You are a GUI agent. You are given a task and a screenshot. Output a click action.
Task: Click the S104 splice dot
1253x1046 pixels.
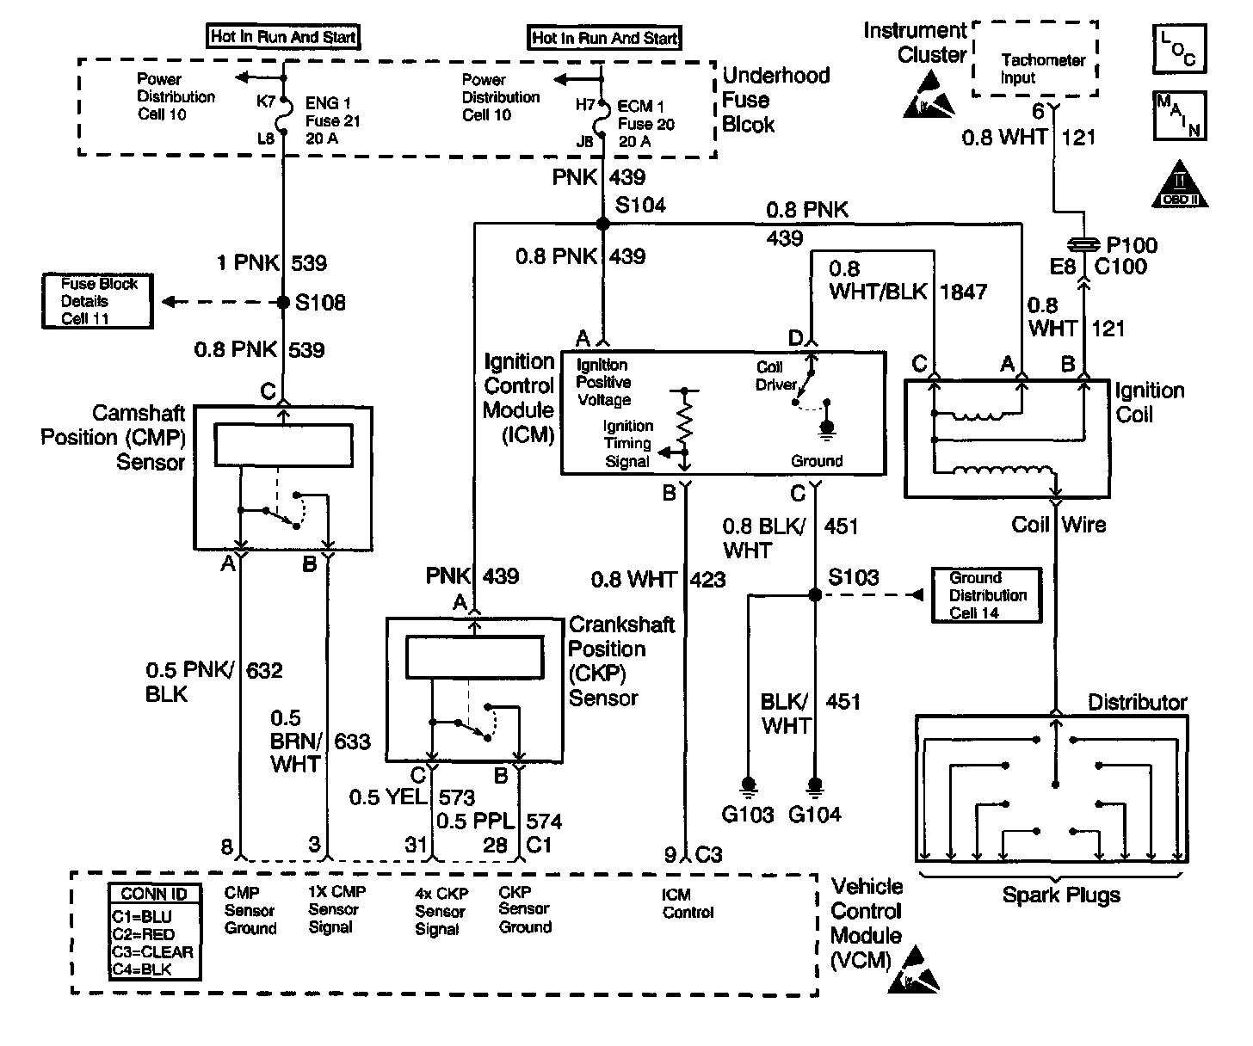click(602, 224)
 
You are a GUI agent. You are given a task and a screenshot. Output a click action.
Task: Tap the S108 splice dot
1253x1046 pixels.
click(283, 303)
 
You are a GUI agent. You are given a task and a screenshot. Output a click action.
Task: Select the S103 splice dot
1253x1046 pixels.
click(814, 594)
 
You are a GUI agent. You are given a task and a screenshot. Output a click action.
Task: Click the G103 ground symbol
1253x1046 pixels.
click(748, 785)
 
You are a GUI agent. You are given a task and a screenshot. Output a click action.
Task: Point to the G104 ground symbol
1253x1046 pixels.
click(814, 785)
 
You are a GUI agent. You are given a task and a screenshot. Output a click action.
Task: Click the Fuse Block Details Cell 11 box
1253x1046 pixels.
click(98, 301)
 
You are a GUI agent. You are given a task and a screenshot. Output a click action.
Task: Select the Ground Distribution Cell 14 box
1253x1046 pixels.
click(986, 595)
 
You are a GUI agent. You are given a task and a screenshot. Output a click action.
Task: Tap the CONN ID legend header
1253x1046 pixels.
click(154, 895)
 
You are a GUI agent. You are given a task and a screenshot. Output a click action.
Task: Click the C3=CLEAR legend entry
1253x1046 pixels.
click(153, 952)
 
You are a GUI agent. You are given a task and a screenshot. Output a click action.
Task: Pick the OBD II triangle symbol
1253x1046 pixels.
click(1180, 185)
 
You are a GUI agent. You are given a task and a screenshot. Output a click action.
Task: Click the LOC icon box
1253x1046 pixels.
click(1178, 47)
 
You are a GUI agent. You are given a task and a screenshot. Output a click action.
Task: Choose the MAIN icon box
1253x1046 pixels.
click(1178, 116)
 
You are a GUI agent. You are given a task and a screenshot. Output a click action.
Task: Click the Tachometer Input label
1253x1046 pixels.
click(1043, 69)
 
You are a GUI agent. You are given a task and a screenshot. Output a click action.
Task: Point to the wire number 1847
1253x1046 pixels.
click(962, 292)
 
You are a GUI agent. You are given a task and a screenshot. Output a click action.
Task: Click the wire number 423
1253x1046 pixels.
click(708, 580)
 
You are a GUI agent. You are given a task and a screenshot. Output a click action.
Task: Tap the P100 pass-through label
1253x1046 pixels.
click(1133, 245)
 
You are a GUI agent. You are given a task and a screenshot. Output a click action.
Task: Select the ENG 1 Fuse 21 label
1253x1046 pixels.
click(332, 121)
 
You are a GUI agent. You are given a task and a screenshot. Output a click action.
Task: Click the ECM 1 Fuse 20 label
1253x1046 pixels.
click(645, 124)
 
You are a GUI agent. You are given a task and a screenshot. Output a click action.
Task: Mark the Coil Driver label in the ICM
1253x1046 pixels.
click(775, 376)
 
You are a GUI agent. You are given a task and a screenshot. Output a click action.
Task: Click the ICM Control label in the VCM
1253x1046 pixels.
click(688, 903)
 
